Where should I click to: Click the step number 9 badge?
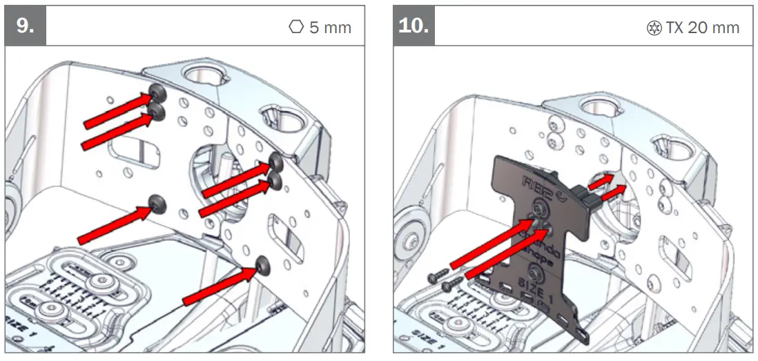(x=26, y=26)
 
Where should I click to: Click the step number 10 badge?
(x=414, y=26)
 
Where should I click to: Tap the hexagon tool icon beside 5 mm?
(x=295, y=28)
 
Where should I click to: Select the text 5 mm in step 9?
(x=330, y=28)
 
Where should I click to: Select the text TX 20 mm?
(x=702, y=28)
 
